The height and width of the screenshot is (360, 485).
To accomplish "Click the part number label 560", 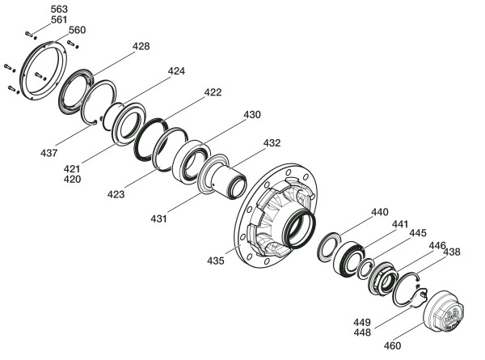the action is point(77,30).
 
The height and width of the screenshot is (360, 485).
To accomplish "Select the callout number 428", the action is point(141,46).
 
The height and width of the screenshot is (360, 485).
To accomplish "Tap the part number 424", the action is point(176,71).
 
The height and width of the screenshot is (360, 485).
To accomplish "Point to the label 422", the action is point(213,92).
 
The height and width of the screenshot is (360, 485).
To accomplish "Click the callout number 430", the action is point(252,115).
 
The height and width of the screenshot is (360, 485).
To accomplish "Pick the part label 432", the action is point(272,143).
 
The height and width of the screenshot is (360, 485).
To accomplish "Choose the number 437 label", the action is point(48,153).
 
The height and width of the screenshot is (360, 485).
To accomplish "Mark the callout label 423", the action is point(116,194).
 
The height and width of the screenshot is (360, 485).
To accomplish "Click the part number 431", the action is point(158,219).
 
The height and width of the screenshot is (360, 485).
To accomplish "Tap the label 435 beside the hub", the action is point(216,260).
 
